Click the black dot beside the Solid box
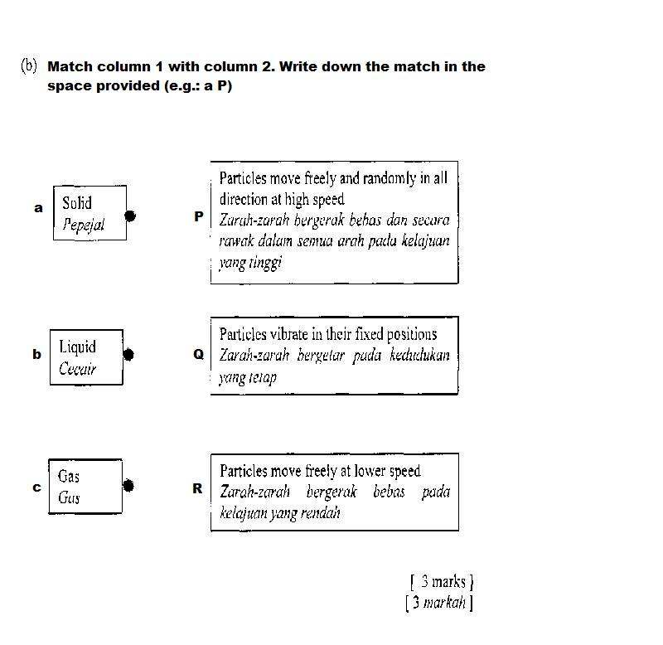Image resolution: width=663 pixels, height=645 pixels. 130,216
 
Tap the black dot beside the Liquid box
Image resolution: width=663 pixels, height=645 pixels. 128,355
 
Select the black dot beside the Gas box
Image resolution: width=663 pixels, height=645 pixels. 128,486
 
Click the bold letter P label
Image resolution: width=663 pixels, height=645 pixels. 199,216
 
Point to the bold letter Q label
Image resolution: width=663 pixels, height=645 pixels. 198,354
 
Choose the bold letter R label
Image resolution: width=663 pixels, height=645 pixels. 197,488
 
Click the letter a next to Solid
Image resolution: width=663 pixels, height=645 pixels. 38,208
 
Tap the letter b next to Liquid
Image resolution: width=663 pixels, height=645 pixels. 36,354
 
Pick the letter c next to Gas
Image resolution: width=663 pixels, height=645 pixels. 36,487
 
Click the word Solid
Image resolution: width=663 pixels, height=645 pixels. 77,203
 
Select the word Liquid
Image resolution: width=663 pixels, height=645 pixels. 77,347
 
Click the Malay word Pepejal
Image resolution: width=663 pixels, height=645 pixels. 84,225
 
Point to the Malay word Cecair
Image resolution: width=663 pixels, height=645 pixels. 77,369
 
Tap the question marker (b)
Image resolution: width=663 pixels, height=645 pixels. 29,66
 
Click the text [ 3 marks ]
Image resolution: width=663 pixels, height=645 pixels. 442,581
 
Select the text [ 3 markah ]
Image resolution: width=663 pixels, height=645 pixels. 439,602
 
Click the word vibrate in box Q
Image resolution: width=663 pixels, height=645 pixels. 288,334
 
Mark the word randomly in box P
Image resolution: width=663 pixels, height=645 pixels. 390,179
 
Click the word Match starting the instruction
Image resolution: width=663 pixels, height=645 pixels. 70,66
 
